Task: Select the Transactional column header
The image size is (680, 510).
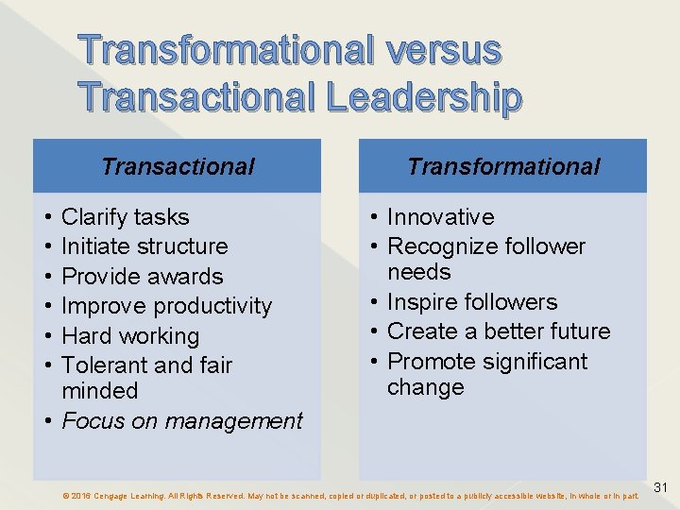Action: pyautogui.click(x=178, y=167)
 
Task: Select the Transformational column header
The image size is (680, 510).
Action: pyautogui.click(x=503, y=167)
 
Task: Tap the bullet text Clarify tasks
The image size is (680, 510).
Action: pyautogui.click(x=125, y=217)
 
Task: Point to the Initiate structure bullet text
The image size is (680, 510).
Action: pyautogui.click(x=144, y=246)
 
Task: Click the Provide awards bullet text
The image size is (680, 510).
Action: pyautogui.click(x=142, y=277)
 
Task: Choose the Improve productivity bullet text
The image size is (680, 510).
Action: pyautogui.click(x=166, y=306)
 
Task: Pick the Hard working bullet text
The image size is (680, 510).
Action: pyautogui.click(x=130, y=336)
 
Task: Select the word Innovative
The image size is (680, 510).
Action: pyautogui.click(x=440, y=217)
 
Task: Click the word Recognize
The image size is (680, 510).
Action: pyautogui.click(x=442, y=246)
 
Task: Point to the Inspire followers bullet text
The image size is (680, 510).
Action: pyautogui.click(x=472, y=302)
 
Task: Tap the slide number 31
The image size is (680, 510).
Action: pyautogui.click(x=661, y=487)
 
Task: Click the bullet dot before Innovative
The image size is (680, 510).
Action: pyautogui.click(x=377, y=217)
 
